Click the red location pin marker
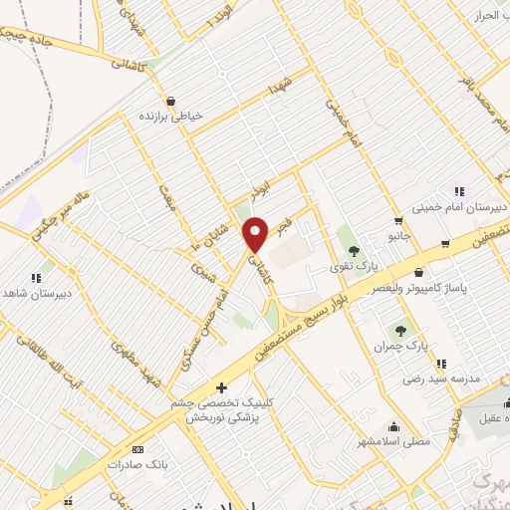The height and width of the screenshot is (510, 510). [x=257, y=235]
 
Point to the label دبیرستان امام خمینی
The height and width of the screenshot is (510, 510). [x=456, y=207]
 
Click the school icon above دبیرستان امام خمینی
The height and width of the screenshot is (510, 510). [x=459, y=191]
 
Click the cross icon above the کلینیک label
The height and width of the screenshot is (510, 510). [x=221, y=386]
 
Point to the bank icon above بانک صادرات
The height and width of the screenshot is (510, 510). [x=137, y=449]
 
